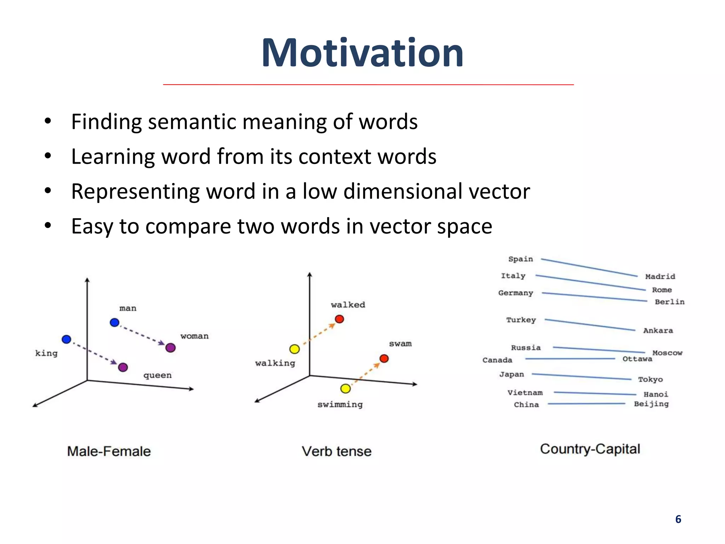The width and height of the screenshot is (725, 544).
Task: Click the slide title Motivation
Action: tap(362, 53)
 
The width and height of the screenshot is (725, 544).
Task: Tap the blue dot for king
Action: tap(67, 339)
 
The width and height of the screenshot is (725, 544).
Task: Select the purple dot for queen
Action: tap(123, 367)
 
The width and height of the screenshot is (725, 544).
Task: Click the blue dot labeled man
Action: tap(114, 323)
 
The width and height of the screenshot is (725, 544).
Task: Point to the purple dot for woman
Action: tap(171, 348)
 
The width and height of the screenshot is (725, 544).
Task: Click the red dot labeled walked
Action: tap(339, 319)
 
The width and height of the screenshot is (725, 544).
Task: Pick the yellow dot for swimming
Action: tap(346, 389)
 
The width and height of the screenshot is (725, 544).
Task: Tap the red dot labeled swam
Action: tap(384, 359)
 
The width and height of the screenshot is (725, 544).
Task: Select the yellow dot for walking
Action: tap(295, 349)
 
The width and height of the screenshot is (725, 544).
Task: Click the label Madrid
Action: tap(660, 277)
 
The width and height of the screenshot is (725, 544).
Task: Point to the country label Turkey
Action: tap(521, 320)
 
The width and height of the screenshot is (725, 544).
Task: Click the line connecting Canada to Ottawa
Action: tap(570, 359)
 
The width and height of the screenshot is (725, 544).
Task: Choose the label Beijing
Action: tap(651, 404)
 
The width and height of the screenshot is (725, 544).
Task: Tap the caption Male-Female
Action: tap(109, 452)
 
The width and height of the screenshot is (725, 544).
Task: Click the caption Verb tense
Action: tap(337, 452)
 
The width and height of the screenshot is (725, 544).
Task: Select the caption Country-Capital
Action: tap(590, 449)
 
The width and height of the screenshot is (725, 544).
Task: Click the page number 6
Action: tap(678, 519)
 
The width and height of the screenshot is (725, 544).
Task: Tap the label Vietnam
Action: tap(525, 393)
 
